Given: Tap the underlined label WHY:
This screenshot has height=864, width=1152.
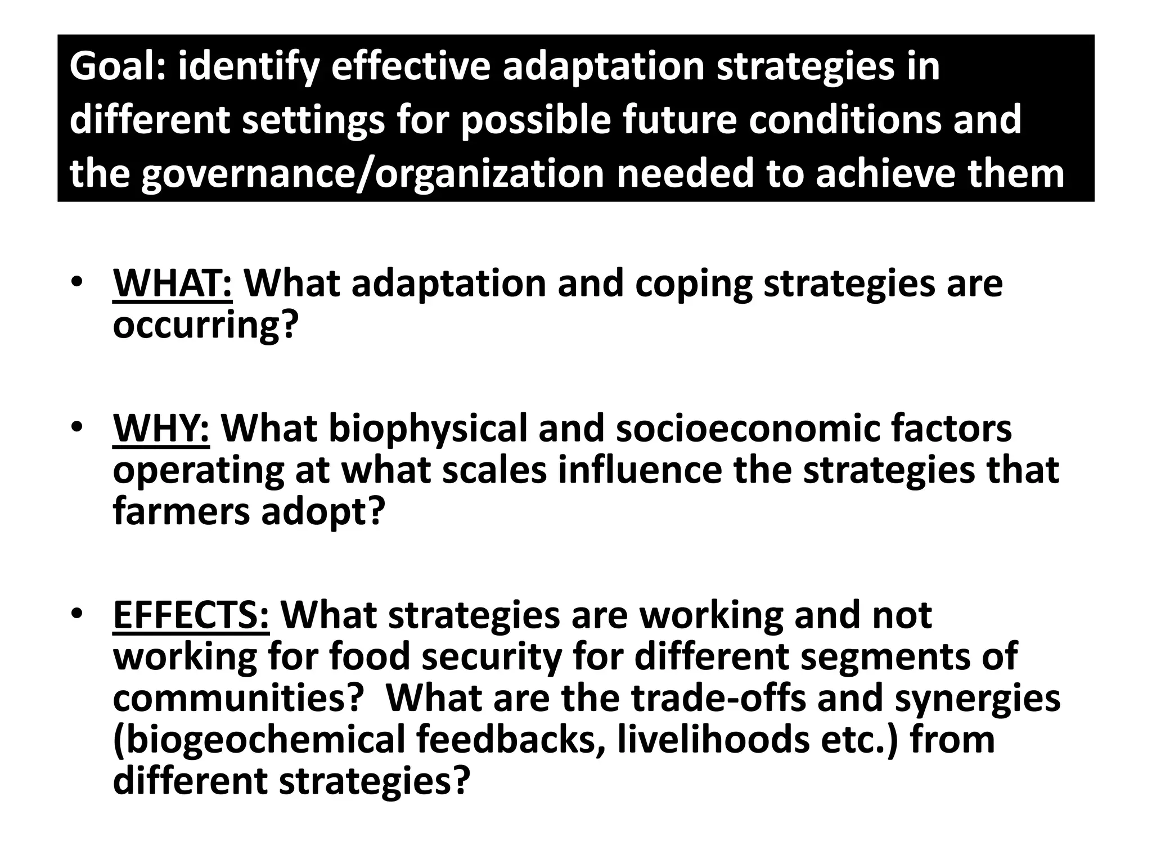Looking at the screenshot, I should pos(161,429).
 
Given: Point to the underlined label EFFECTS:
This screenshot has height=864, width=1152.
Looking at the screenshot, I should pos(191,615).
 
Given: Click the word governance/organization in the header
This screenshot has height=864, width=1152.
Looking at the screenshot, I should pos(371,174).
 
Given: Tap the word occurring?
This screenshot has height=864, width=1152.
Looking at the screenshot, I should pos(204,325).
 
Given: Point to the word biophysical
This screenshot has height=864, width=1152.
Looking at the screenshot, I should pos(428,429).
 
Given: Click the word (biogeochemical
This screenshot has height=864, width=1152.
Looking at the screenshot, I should pos(259,740).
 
